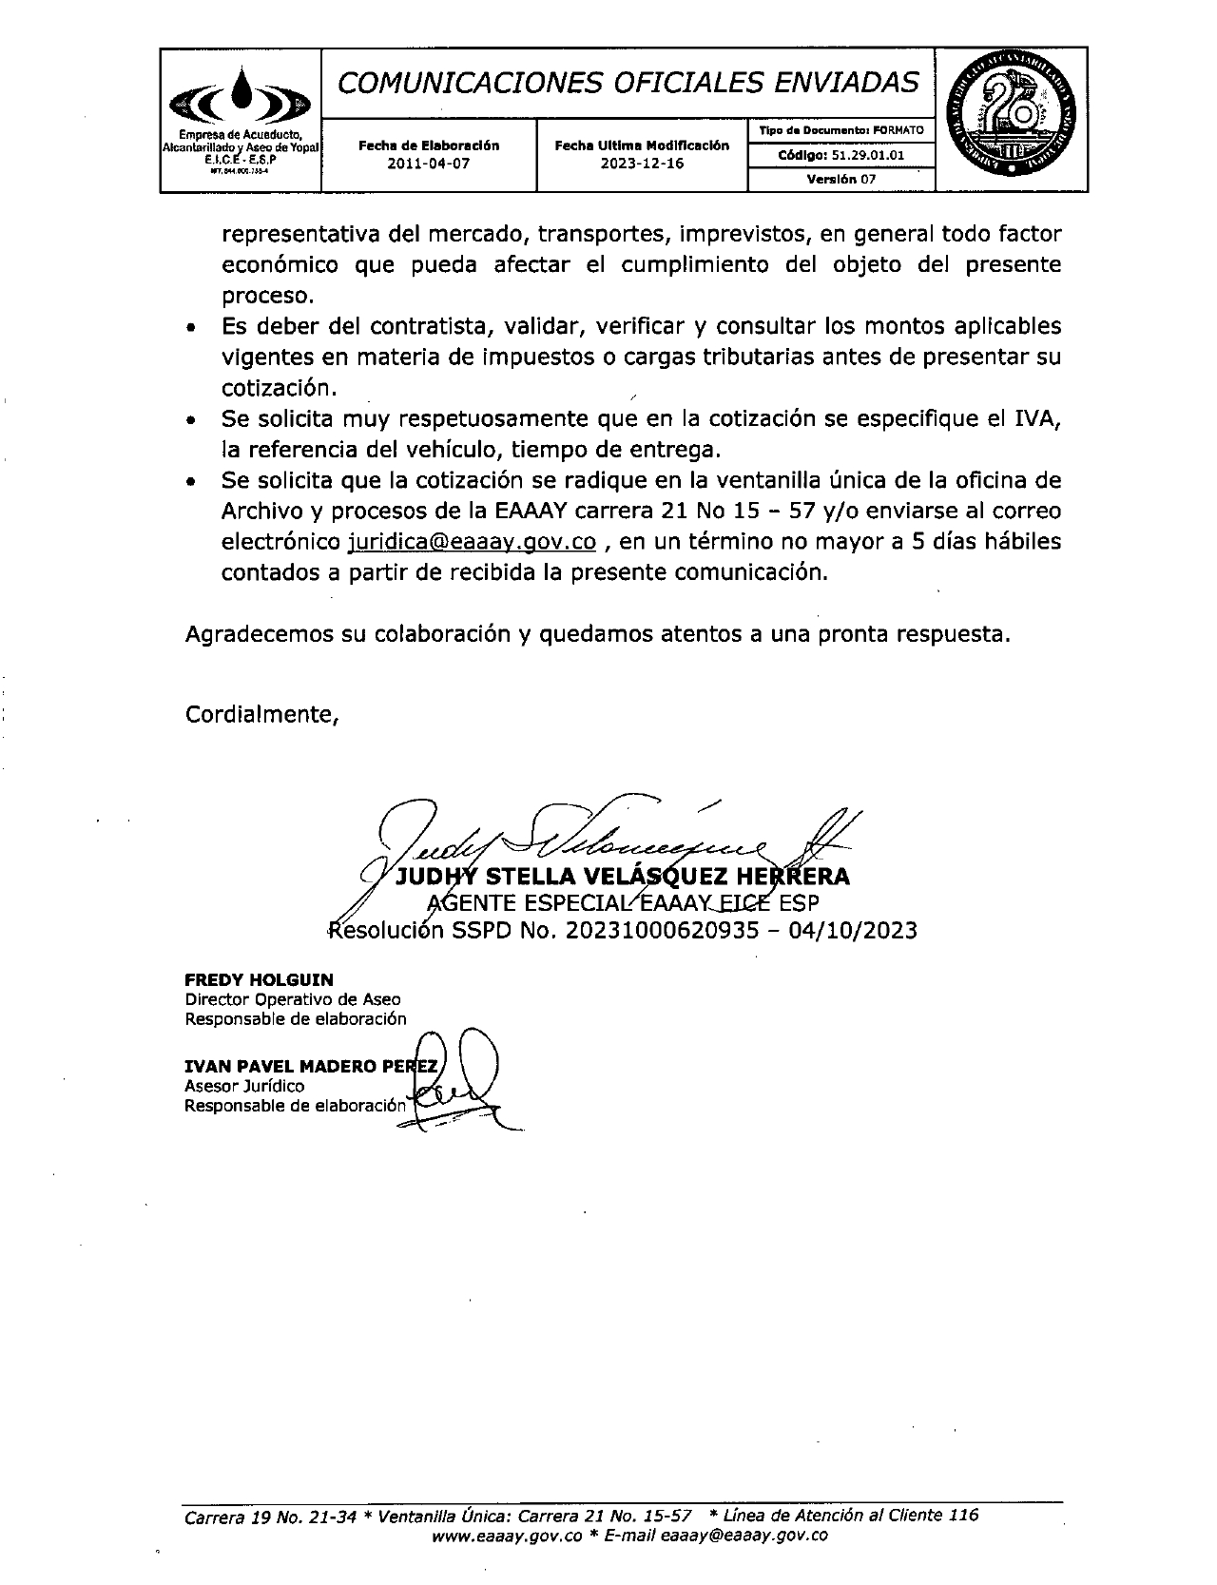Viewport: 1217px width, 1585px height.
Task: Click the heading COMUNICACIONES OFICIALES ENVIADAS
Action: pos(628,84)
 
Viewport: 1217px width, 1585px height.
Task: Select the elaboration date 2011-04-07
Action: pos(428,163)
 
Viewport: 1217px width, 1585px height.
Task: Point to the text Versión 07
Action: pos(840,179)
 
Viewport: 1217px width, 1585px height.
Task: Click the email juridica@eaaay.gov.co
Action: pos(473,541)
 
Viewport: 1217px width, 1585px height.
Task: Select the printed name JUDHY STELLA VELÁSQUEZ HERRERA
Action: pos(622,876)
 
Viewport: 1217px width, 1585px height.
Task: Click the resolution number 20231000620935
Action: pos(662,929)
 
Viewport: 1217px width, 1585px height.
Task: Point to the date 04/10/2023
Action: pos(853,929)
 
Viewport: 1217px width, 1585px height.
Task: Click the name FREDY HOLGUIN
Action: pos(259,979)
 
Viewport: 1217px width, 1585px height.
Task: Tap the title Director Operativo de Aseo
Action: pos(293,999)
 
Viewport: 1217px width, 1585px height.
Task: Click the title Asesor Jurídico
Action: pos(244,1086)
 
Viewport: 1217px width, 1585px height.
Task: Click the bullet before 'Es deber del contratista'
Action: pos(192,328)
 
